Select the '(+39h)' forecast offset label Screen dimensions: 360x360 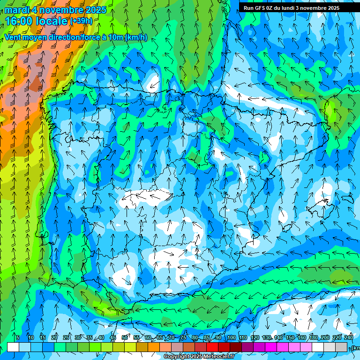pos(81,21)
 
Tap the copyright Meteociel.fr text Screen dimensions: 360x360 pos(199,357)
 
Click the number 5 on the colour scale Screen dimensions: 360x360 pos(18,337)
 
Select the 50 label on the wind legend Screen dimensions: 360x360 pos(125,337)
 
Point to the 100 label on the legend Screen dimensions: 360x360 pos(232,337)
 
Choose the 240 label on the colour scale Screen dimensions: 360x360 pos(349,337)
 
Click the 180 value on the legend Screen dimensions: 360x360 pos(313,337)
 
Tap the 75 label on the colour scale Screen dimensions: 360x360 pos(183,337)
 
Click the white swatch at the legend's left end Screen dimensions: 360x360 pos(13,347)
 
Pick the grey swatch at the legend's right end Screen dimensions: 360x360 pos(341,347)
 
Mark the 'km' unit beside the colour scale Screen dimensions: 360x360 pos(356,348)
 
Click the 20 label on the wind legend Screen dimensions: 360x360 pos(54,337)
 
